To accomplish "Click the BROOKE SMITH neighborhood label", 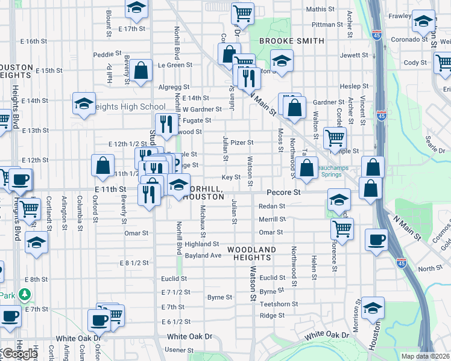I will click(x=291, y=41).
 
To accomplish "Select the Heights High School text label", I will click(x=128, y=107).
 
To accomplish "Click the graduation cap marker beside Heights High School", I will click(x=84, y=103).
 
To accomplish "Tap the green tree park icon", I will click(x=24, y=295).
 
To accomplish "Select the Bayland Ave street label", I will click(x=203, y=256).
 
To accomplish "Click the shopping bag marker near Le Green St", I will click(x=140, y=70).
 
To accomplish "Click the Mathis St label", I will click(x=320, y=9).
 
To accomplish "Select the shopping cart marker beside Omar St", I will click(x=342, y=227).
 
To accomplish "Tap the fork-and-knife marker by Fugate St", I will click(x=167, y=123).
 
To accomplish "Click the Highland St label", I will click(x=201, y=244).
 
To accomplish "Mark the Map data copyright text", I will click(x=426, y=356).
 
